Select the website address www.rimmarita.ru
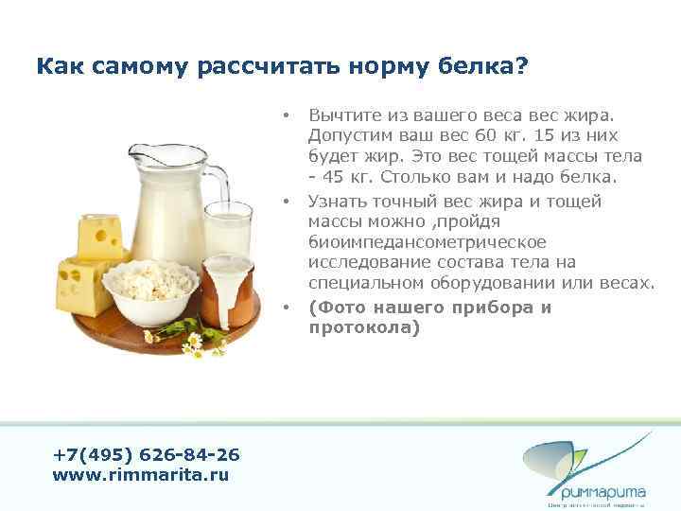click(140, 474)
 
